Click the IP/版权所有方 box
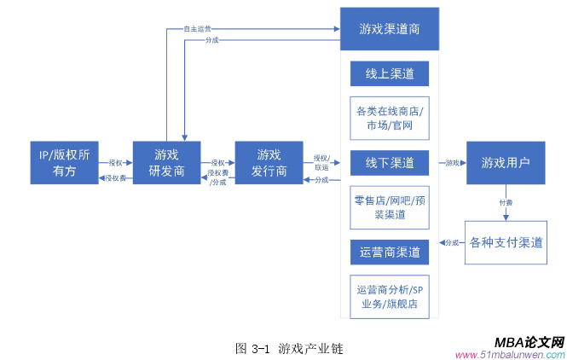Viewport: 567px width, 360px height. pyautogui.click(x=64, y=163)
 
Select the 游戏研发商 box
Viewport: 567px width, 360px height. pyautogui.click(x=166, y=163)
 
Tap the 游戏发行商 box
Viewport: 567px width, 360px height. pyautogui.click(x=269, y=163)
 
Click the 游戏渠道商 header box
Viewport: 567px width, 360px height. pyautogui.click(x=390, y=29)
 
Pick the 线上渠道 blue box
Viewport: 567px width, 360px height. pyautogui.click(x=390, y=74)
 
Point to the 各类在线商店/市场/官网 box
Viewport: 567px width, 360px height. pyautogui.click(x=390, y=119)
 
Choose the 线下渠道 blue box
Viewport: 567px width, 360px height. pyautogui.click(x=390, y=162)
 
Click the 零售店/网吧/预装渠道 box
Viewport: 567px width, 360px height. pyautogui.click(x=390, y=207)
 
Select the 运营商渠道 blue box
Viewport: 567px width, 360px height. pyautogui.click(x=390, y=252)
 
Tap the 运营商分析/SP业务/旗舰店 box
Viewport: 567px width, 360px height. pyautogui.click(x=390, y=296)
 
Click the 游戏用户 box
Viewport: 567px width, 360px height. pyautogui.click(x=506, y=162)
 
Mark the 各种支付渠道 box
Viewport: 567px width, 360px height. pyautogui.click(x=506, y=242)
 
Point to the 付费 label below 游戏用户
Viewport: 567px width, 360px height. pyautogui.click(x=506, y=203)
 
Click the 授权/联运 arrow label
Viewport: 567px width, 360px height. pyautogui.click(x=321, y=162)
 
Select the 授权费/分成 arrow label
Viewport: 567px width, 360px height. pyautogui.click(x=217, y=177)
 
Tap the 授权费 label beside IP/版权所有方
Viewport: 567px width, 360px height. pyautogui.click(x=116, y=178)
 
